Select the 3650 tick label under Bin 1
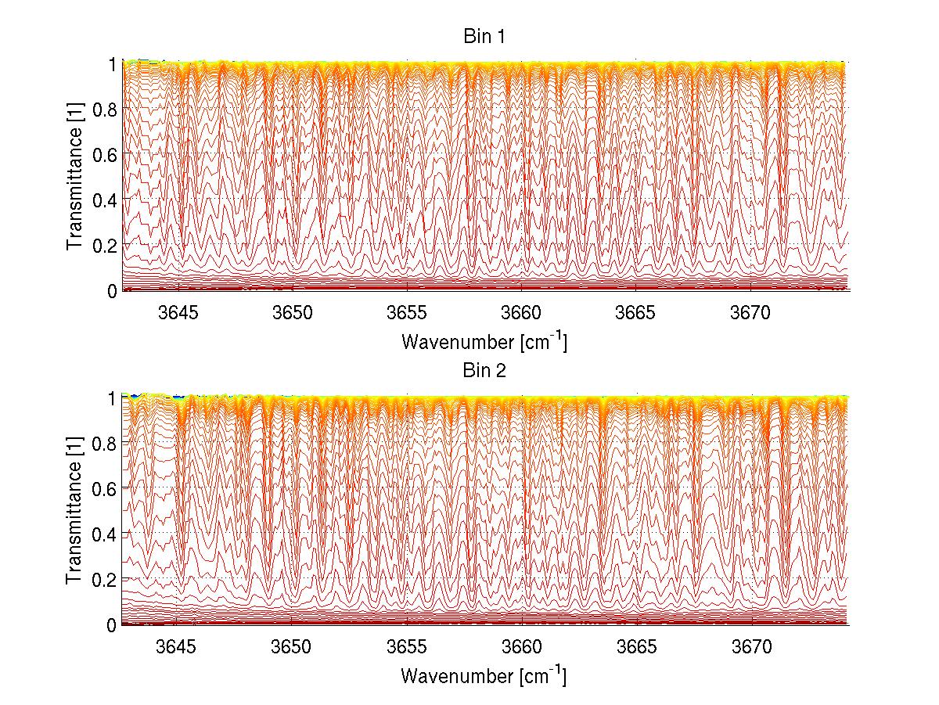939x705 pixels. click(x=292, y=313)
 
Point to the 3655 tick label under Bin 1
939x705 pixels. click(x=407, y=313)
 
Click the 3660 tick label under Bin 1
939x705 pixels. click(x=522, y=313)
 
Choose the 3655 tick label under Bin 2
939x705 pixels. click(x=407, y=647)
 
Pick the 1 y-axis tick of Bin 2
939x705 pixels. click(x=112, y=398)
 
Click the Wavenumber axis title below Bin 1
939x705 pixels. click(x=484, y=341)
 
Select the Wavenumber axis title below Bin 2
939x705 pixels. click(x=484, y=675)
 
